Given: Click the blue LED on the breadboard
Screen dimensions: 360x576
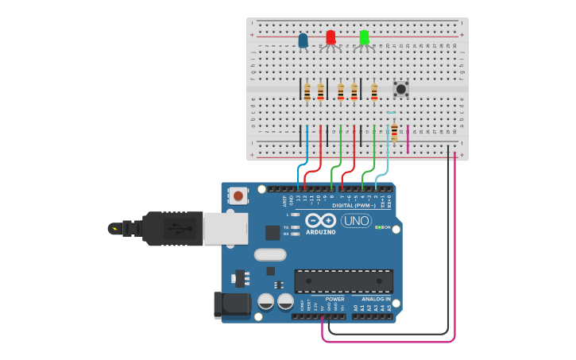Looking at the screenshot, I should point(303,40).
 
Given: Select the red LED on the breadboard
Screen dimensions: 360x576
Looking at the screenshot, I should point(331,37).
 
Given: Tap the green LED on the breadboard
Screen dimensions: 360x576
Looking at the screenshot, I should point(364,37).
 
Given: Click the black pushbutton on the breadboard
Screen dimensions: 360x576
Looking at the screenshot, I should point(401,89).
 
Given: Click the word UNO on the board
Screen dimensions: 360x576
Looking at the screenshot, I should point(357,221).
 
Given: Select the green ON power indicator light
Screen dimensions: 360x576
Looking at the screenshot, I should point(378,227).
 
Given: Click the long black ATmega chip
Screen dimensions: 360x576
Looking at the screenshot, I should point(343,281).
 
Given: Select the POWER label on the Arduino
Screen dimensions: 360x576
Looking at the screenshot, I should point(334,300).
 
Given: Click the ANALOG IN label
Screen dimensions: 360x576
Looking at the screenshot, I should point(377,300).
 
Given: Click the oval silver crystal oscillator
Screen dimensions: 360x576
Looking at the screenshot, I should point(270,255).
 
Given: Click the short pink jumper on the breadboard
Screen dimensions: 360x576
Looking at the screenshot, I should point(408,137).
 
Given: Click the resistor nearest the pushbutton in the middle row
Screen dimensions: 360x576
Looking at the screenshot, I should point(374,92).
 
